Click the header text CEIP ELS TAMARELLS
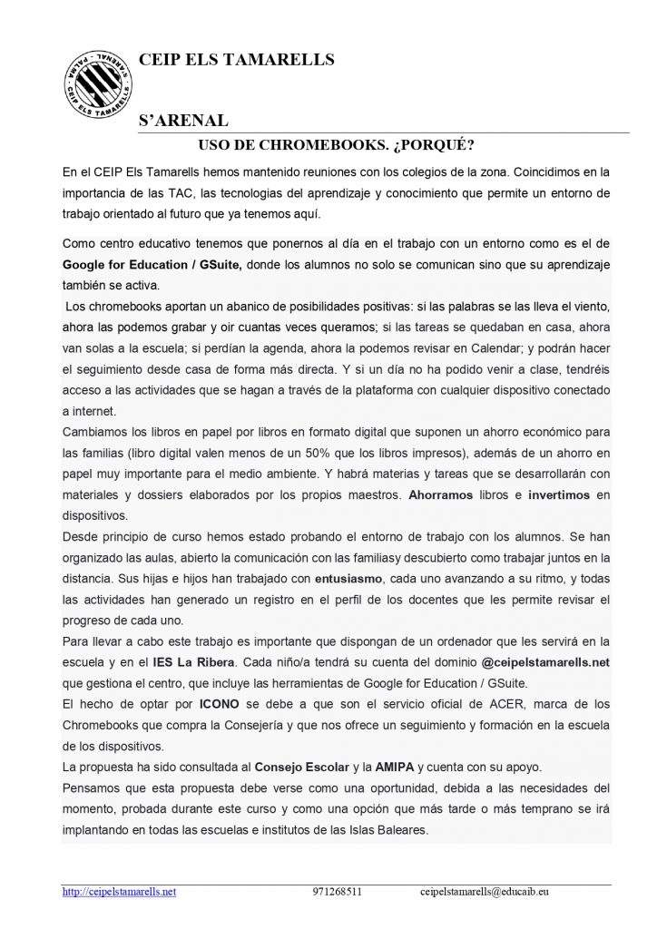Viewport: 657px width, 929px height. pos(236,60)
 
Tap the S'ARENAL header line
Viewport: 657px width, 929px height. pos(182,121)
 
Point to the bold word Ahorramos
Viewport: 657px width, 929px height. pos(442,495)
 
